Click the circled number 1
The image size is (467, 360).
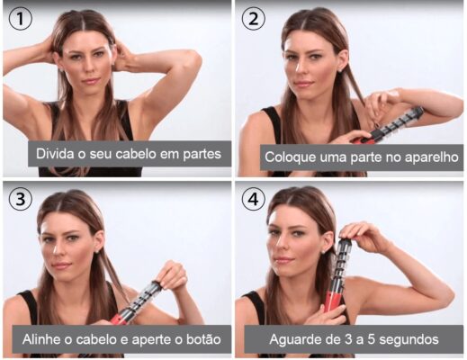pyautogui.click(x=21, y=19)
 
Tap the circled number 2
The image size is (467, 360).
pyautogui.click(x=254, y=19)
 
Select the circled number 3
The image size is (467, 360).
pyautogui.click(x=21, y=199)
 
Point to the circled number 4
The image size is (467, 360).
pyautogui.click(x=254, y=199)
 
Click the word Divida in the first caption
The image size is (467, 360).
pyautogui.click(x=55, y=154)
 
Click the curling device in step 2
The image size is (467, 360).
pyautogui.click(x=390, y=127)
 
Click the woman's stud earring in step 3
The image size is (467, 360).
pyautogui.click(x=97, y=250)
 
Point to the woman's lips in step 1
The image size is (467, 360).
pyautogui.click(x=91, y=81)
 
